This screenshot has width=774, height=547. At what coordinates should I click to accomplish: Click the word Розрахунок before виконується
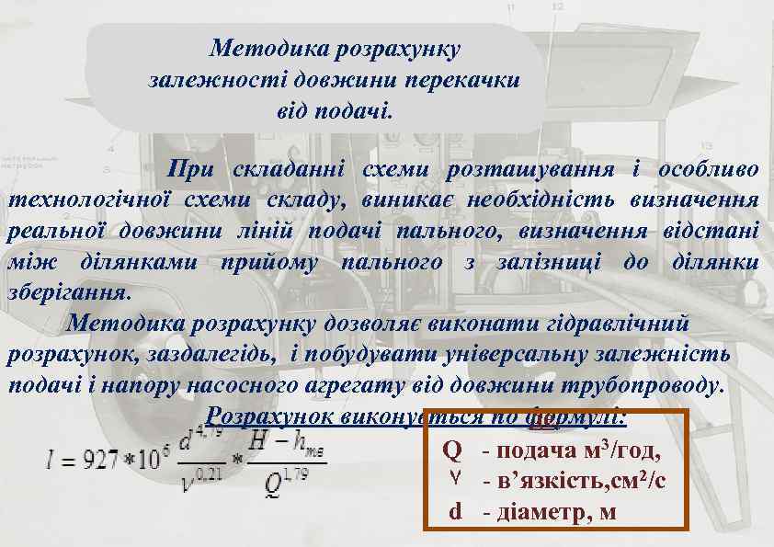click(x=269, y=416)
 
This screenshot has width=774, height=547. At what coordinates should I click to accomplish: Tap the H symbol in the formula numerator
click(x=255, y=442)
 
